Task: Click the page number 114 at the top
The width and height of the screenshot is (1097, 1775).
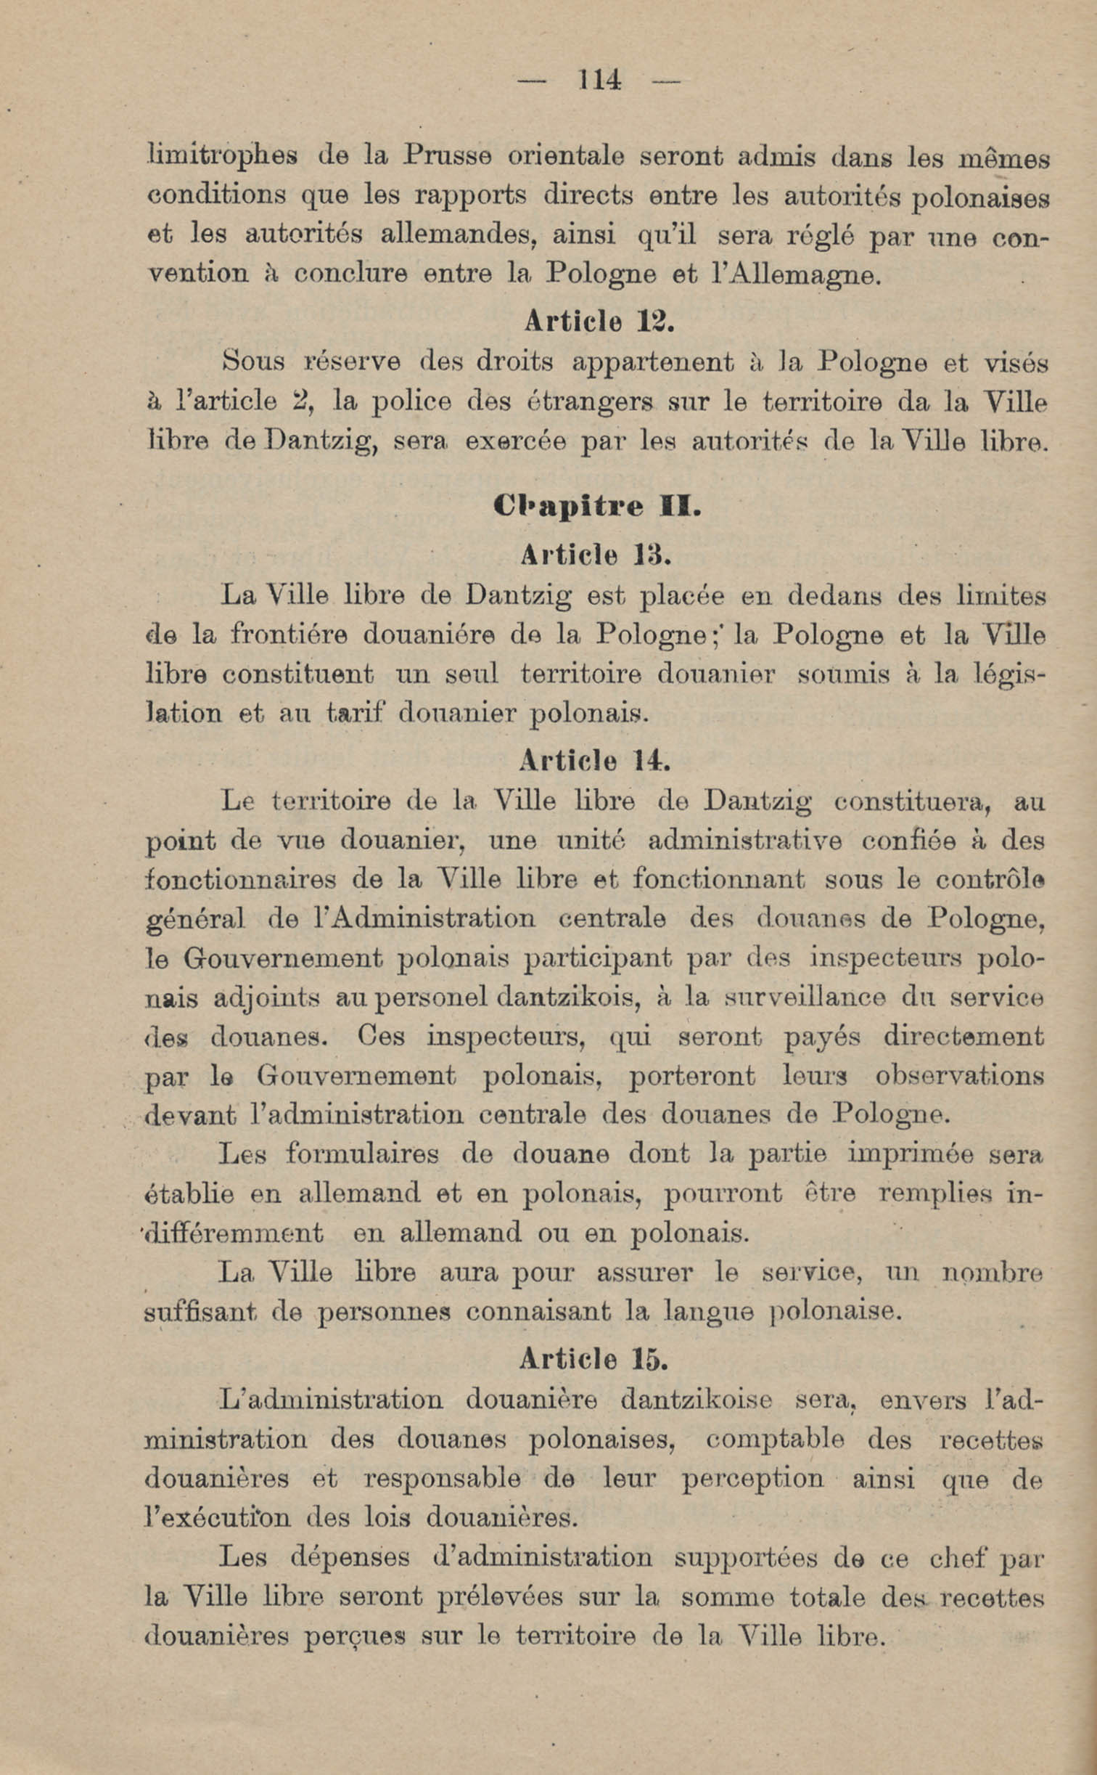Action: tap(600, 79)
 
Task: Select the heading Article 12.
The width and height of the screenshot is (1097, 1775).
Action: tap(599, 322)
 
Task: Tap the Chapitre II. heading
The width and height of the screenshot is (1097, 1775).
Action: tap(597, 505)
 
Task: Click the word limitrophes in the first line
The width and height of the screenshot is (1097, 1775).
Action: tap(221, 158)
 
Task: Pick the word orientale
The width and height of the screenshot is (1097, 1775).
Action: tap(562, 156)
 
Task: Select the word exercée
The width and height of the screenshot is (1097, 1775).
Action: tap(515, 441)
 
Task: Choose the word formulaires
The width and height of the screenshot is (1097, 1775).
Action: tap(362, 1154)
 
